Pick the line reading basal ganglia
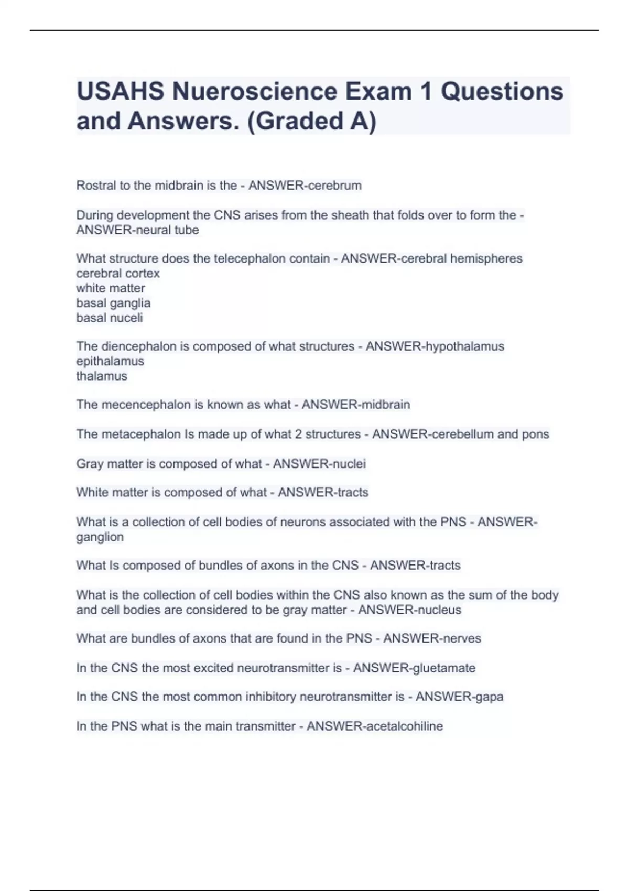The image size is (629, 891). [113, 303]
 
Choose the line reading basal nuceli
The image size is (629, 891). [110, 318]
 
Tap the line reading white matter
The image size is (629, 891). [111, 288]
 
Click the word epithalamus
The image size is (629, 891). [110, 361]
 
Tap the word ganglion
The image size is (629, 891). [100, 537]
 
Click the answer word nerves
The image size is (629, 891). [462, 638]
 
